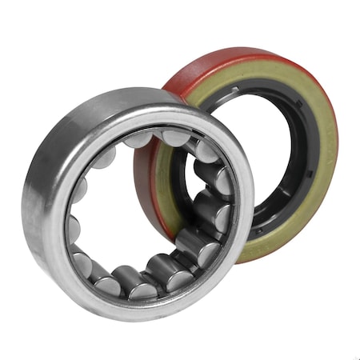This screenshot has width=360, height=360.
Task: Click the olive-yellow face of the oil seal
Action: (320, 184)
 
